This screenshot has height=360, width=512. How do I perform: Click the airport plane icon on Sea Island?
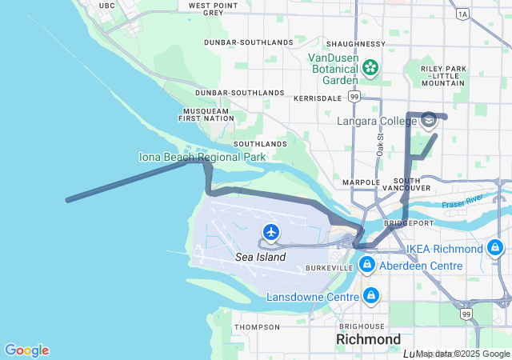point(271,232)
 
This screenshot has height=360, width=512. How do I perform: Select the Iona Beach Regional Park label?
point(202,157)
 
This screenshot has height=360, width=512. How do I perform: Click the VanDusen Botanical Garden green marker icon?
point(370,68)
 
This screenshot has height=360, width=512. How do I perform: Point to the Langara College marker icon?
point(428,121)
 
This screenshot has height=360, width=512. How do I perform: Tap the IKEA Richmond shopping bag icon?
point(496,248)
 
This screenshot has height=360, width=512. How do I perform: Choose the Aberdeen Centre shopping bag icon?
point(366,265)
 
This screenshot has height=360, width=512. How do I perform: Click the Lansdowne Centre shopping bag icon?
point(370,297)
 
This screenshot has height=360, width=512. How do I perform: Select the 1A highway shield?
point(462,14)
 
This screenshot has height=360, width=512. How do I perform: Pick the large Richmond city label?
point(368,339)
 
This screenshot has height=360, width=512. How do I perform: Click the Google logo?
point(26,350)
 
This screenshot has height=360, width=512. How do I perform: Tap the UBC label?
point(106,6)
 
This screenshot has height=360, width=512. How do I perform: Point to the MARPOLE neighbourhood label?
point(361,182)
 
